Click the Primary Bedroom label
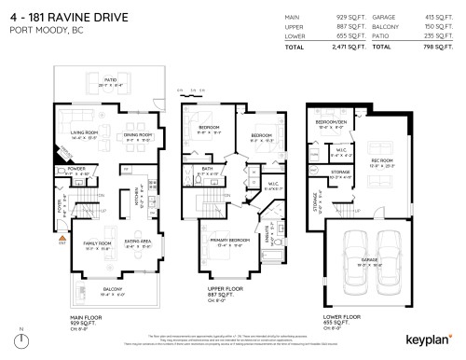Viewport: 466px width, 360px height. pyautogui.click(x=229, y=244)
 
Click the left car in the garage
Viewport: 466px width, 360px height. pyautogui.click(x=355, y=262)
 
